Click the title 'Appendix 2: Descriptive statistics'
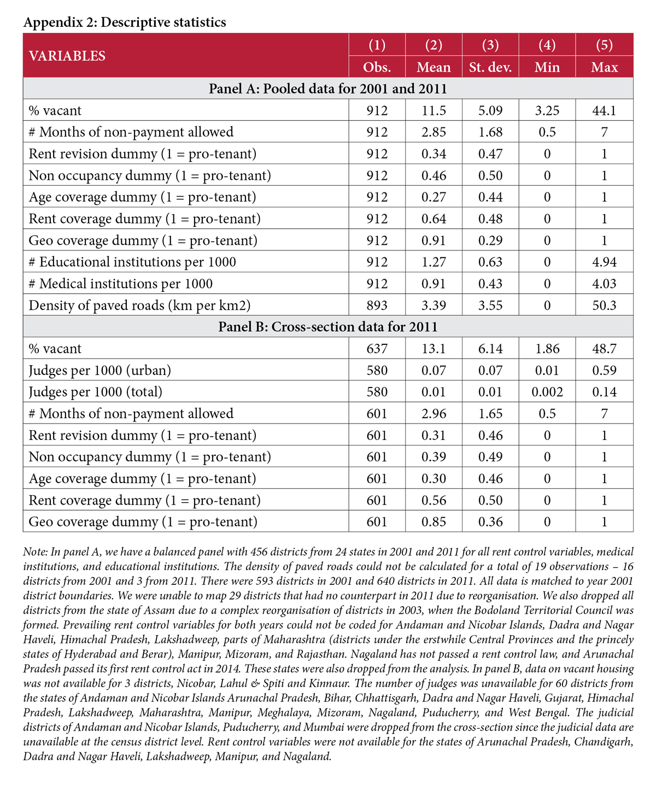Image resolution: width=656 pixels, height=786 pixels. (125, 22)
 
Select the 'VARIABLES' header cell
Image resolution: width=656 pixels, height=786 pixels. (67, 56)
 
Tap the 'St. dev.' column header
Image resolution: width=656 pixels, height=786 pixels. (490, 68)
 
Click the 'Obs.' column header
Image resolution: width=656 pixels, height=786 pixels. (377, 68)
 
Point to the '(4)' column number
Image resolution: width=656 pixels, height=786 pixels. (547, 45)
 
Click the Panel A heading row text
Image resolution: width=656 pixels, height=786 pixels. (328, 89)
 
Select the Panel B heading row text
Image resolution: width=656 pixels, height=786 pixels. (328, 327)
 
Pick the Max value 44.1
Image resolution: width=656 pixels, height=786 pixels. (604, 110)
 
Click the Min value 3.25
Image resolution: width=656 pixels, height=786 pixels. (547, 110)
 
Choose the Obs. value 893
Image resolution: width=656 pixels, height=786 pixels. (377, 305)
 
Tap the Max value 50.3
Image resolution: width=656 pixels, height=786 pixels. (604, 305)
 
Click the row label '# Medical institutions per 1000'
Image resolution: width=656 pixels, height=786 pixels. (121, 284)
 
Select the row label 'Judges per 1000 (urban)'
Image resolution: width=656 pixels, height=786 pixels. (100, 371)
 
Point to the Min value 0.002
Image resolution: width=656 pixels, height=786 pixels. (547, 392)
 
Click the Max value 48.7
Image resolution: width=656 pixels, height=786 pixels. (604, 349)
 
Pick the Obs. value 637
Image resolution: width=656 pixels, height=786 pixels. (377, 349)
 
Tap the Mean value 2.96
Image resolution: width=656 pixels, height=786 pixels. (434, 414)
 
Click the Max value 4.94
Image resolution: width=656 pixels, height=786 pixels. (604, 262)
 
